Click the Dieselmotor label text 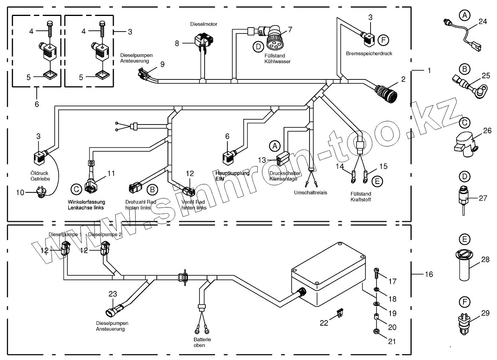point(203,24)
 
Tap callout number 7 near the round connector point(290,29)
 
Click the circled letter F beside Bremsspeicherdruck point(383,40)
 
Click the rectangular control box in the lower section point(329,275)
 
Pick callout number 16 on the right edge point(429,274)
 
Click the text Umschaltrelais point(310,192)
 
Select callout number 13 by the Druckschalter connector point(262,160)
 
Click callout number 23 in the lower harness point(113,294)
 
